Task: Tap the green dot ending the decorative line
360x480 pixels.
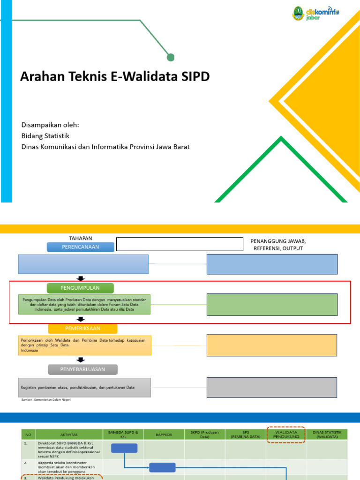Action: click(171, 57)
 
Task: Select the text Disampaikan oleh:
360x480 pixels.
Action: click(50, 125)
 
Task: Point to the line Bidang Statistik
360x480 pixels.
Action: click(45, 136)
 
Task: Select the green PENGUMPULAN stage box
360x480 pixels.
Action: click(80, 287)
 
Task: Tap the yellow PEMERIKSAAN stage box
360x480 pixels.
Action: click(82, 329)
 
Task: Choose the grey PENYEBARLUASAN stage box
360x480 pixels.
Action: click(82, 369)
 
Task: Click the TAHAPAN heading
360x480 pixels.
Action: click(81, 238)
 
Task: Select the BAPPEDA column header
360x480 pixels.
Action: click(164, 435)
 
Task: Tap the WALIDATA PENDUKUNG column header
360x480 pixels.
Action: click(286, 434)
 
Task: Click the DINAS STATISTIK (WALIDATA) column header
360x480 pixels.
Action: click(327, 434)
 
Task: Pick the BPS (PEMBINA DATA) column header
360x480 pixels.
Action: click(245, 434)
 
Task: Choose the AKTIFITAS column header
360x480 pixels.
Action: click(72, 435)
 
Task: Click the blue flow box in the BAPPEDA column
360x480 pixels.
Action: click(162, 467)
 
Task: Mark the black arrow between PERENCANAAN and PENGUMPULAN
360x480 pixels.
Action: click(81, 278)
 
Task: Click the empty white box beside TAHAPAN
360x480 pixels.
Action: click(180, 244)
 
